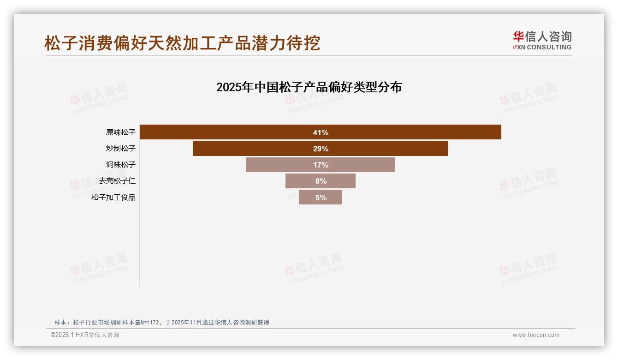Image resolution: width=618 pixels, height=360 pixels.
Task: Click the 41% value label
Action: (321, 132)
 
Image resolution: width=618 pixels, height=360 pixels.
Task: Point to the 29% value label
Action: (321, 149)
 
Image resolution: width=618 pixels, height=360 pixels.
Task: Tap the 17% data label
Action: (321, 165)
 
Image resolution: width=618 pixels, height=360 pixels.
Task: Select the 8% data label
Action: (321, 181)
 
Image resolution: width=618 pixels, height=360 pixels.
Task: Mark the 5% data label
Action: (321, 198)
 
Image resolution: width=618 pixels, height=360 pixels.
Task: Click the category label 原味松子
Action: (120, 132)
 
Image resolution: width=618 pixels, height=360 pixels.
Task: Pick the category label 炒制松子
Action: (120, 149)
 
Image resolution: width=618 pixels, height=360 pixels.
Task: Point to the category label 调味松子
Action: (120, 165)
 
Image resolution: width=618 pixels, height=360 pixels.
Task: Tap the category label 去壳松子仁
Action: (117, 181)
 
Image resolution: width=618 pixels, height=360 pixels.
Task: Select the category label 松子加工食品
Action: (113, 198)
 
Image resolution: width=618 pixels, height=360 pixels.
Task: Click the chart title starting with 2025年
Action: (309, 87)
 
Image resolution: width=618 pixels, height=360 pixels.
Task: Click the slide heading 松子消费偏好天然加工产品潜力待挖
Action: (182, 43)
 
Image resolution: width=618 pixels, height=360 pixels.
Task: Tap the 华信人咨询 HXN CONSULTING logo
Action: (542, 41)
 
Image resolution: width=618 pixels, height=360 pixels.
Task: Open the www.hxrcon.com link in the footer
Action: (536, 335)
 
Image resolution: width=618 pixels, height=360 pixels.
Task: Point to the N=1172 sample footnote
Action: (161, 322)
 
